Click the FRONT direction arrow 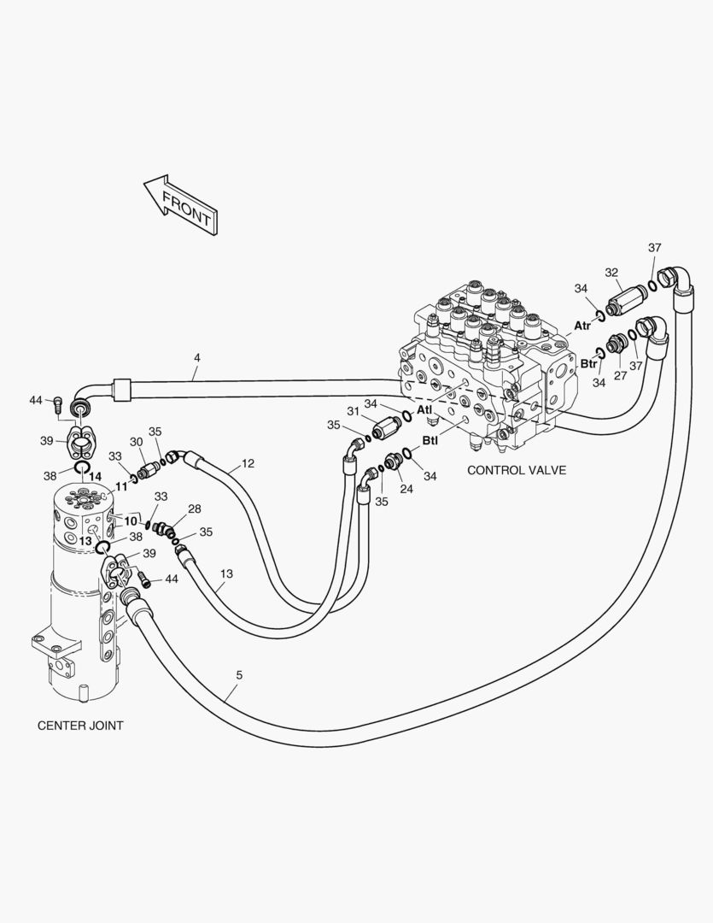point(181,206)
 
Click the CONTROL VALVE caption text point(516,470)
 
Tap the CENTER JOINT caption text point(80,726)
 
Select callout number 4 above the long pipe point(196,358)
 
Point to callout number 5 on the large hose point(239,675)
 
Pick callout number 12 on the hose point(248,464)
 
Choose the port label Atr point(582,326)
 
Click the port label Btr point(589,363)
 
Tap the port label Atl point(424,409)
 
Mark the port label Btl point(430,442)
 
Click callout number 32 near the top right point(611,273)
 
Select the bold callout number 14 point(95,476)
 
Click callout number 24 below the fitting point(406,490)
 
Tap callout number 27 point(621,374)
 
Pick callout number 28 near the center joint point(195,509)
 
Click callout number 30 point(136,442)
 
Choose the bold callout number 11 point(121,485)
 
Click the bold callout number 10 point(130,520)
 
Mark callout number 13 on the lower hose point(226,573)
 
